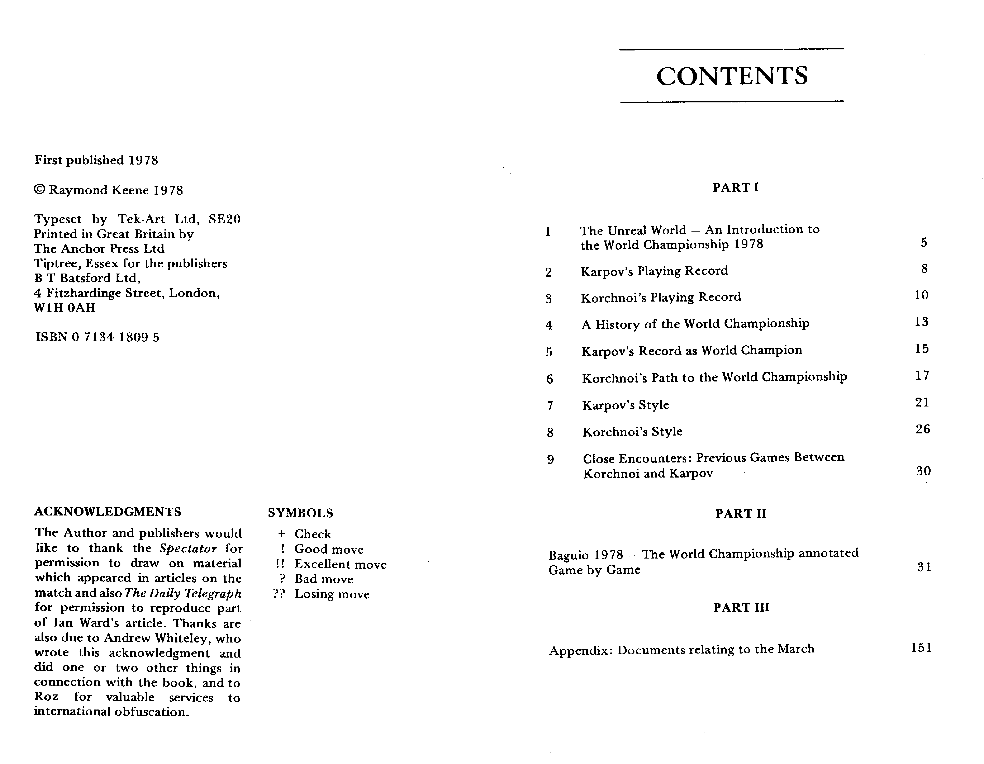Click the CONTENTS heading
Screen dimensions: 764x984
(732, 76)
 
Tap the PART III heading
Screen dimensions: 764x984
(741, 608)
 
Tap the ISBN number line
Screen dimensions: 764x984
(97, 337)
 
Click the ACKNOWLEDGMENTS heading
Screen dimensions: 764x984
(108, 512)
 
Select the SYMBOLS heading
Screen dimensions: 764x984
(300, 513)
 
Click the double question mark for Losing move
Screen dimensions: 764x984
(279, 594)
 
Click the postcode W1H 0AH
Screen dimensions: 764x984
(65, 308)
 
